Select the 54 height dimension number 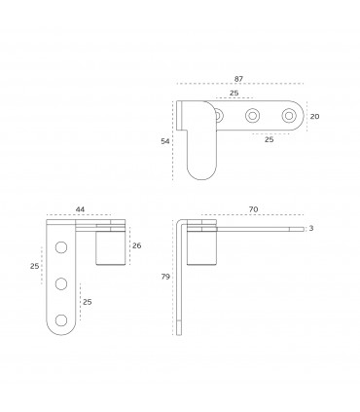click(x=165, y=141)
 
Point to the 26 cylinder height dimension click(x=137, y=245)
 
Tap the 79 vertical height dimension click(x=166, y=278)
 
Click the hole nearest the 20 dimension click(x=288, y=116)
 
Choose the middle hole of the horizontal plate click(x=253, y=116)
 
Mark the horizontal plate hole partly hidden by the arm click(x=219, y=116)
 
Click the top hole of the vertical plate click(x=61, y=247)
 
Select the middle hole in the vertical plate click(x=61, y=283)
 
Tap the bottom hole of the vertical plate click(x=61, y=318)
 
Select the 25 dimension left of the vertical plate click(x=33, y=266)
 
